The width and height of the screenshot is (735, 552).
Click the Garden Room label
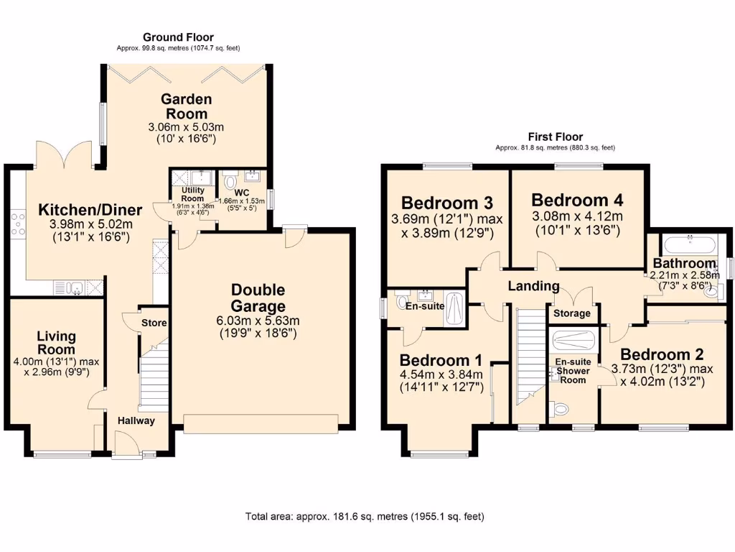(x=187, y=106)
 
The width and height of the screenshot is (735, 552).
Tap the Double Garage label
(x=258, y=298)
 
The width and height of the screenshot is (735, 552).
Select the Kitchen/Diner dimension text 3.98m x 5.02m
(x=90, y=224)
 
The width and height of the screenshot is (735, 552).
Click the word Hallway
(x=136, y=420)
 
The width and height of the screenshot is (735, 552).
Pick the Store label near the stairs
(x=154, y=323)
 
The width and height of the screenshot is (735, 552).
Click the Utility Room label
(x=192, y=194)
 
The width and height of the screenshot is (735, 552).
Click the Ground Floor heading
(x=178, y=37)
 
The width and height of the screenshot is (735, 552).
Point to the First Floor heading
(x=555, y=137)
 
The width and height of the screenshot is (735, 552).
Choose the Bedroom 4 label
(x=577, y=199)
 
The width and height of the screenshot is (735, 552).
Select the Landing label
(x=533, y=286)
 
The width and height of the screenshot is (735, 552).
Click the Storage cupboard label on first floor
(x=572, y=313)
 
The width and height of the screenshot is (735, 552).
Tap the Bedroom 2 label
(x=662, y=354)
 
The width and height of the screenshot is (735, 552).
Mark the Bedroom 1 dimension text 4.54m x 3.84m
(x=441, y=374)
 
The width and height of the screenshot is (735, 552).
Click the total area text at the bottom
(x=365, y=516)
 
